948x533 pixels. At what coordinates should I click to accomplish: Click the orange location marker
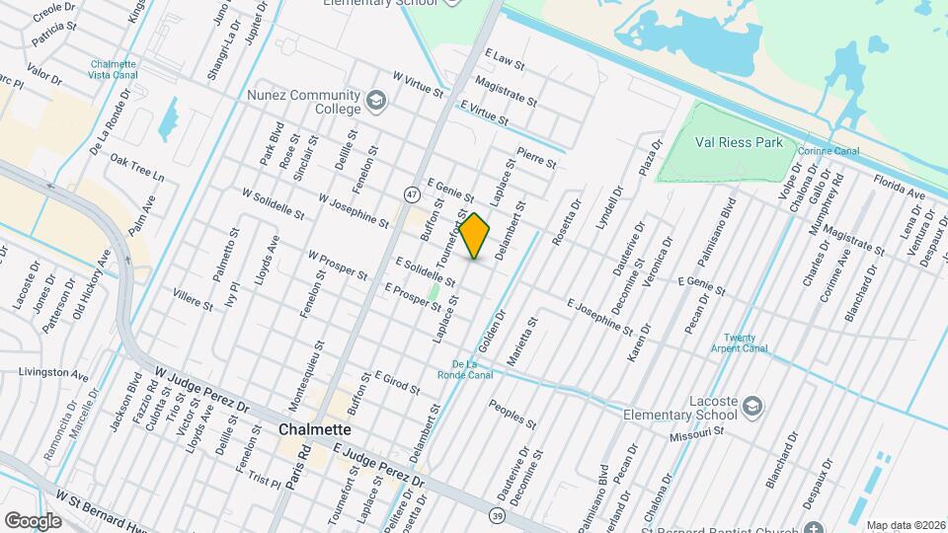[x=475, y=236]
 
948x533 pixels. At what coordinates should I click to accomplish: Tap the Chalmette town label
[x=314, y=429]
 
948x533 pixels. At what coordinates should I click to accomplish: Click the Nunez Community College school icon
[x=375, y=100]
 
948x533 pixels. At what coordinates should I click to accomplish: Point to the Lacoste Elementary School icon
[x=751, y=406]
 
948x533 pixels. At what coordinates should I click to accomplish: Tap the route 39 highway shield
[x=498, y=514]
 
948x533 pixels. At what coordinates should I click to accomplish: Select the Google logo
[x=33, y=520]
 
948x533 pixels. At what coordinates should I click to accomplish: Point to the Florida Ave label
[x=899, y=187]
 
